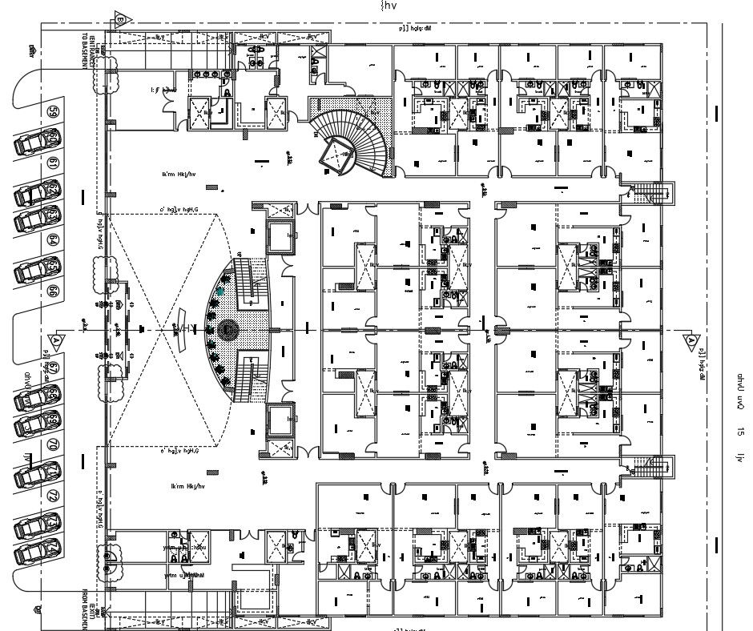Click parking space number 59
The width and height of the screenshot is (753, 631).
tap(54, 112)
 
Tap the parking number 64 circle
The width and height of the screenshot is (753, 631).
tap(54, 239)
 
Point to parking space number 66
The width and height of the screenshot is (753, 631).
tap(54, 291)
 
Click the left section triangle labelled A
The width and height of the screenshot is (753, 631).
tap(56, 340)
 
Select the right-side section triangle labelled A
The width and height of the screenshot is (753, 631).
tap(691, 340)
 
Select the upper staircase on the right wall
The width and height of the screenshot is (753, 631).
tap(652, 194)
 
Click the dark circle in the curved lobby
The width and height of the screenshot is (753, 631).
tap(229, 328)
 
